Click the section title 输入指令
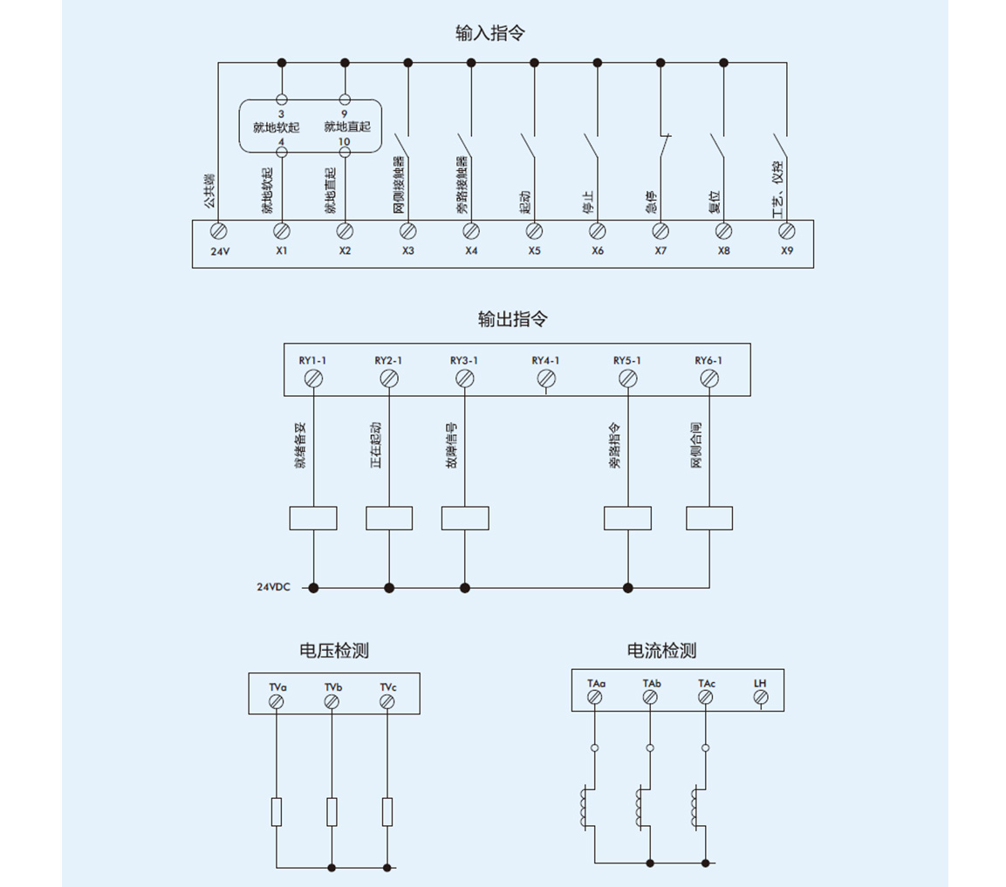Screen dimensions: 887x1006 pos(490,33)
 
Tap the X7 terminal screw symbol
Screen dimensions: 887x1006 pos(660,230)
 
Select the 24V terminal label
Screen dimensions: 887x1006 pos(218,250)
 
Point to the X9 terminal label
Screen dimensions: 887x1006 pos(786,250)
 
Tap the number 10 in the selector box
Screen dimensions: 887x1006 pos(344,141)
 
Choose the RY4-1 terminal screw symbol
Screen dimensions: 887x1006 pos(546,379)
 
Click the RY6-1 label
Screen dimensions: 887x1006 pos(708,360)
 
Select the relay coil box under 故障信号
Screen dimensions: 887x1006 pos(464,518)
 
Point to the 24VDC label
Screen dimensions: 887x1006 pos(272,589)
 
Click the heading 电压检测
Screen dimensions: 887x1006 pos(333,651)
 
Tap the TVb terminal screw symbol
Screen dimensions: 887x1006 pos(332,702)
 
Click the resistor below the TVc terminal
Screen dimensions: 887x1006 pos(387,812)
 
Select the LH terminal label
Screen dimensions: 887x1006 pos(760,683)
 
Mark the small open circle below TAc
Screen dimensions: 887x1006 pos(705,747)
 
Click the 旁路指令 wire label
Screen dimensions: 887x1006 pos(615,447)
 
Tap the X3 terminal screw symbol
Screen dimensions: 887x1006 pos(407,230)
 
